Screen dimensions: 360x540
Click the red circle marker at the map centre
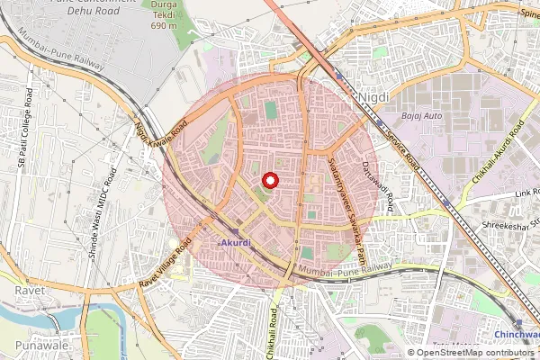(x=270, y=180)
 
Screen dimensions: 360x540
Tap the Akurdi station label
(x=232, y=243)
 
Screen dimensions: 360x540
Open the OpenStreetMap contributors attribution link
(x=476, y=353)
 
